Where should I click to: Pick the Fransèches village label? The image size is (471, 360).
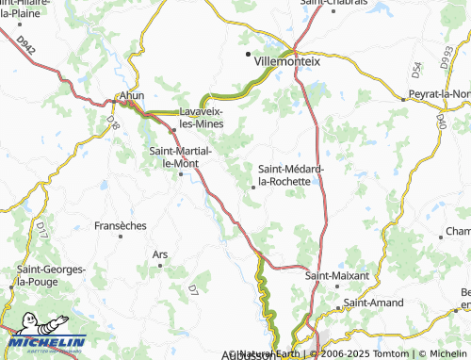point(121,226)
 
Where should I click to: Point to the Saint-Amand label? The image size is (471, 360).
point(374,303)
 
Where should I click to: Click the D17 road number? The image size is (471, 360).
point(41,227)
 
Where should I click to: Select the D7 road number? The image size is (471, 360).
point(193,287)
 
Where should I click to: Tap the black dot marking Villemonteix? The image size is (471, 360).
point(249,56)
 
